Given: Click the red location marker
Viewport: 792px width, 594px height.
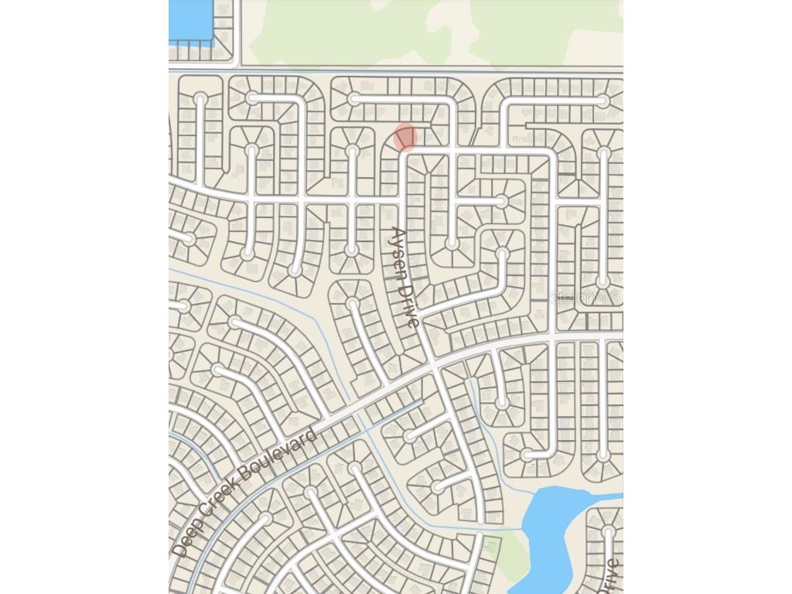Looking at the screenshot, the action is pyautogui.click(x=405, y=137).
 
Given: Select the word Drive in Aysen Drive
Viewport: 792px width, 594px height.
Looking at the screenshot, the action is pyautogui.click(x=410, y=302).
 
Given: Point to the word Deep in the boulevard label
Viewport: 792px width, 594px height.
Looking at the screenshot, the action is pyautogui.click(x=186, y=538).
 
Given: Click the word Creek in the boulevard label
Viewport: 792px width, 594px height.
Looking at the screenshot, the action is pyautogui.click(x=216, y=499).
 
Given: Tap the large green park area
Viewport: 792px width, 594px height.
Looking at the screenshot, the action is pyautogui.click(x=433, y=31).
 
